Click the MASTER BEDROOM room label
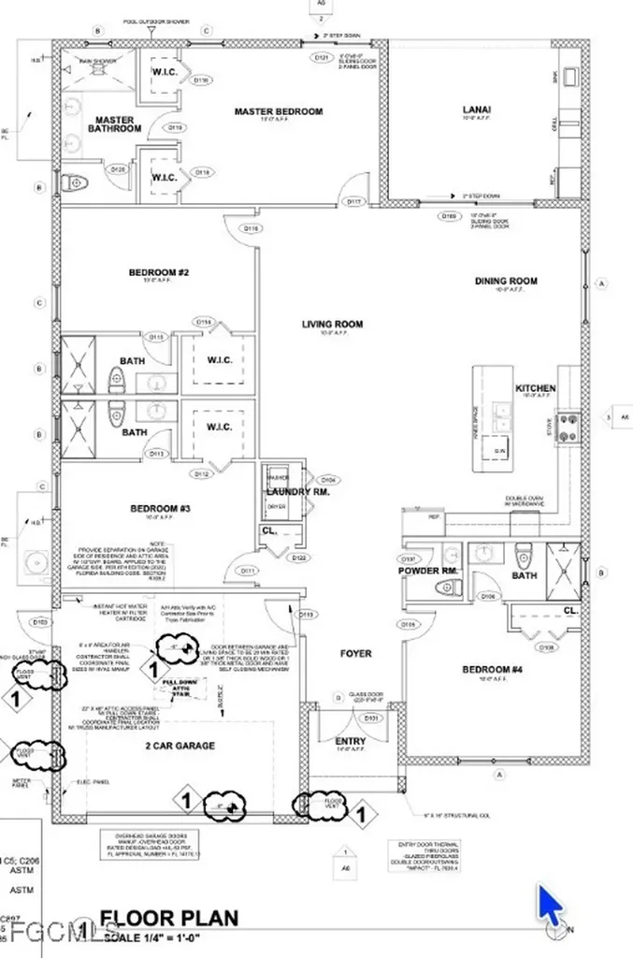(x=278, y=111)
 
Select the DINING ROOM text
(x=506, y=281)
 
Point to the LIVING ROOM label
(x=332, y=325)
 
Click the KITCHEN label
(x=536, y=388)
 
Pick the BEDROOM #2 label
(x=159, y=273)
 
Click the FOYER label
(x=356, y=653)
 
